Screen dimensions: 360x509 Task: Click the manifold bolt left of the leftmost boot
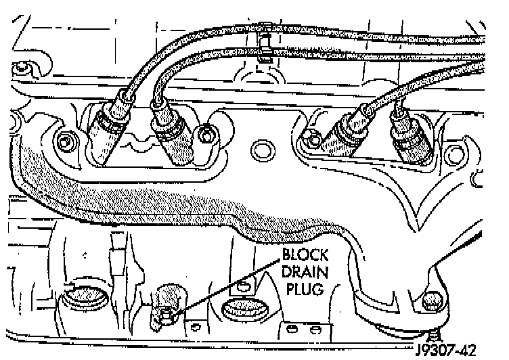(65, 143)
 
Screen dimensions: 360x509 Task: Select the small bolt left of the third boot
(313, 141)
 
